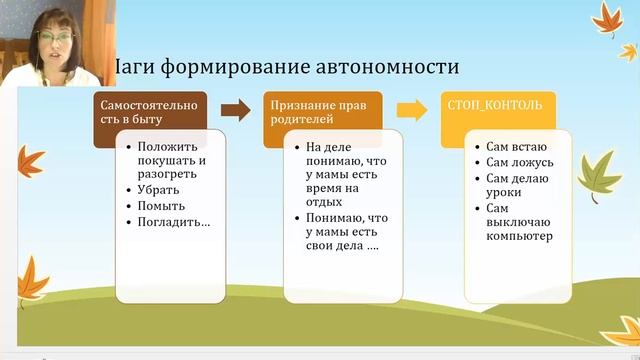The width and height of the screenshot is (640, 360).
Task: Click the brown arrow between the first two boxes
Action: coord(235,109)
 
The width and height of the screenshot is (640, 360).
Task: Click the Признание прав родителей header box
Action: coord(323,113)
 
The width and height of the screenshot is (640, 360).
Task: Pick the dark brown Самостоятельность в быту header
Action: coord(151,113)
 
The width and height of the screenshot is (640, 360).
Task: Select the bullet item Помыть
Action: coord(162,206)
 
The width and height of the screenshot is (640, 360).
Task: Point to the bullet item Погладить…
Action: coord(174,222)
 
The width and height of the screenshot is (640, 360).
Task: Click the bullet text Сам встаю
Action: coord(517,146)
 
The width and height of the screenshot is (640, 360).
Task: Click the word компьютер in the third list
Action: coord(521,236)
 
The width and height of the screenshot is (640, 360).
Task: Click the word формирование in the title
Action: coord(233,67)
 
